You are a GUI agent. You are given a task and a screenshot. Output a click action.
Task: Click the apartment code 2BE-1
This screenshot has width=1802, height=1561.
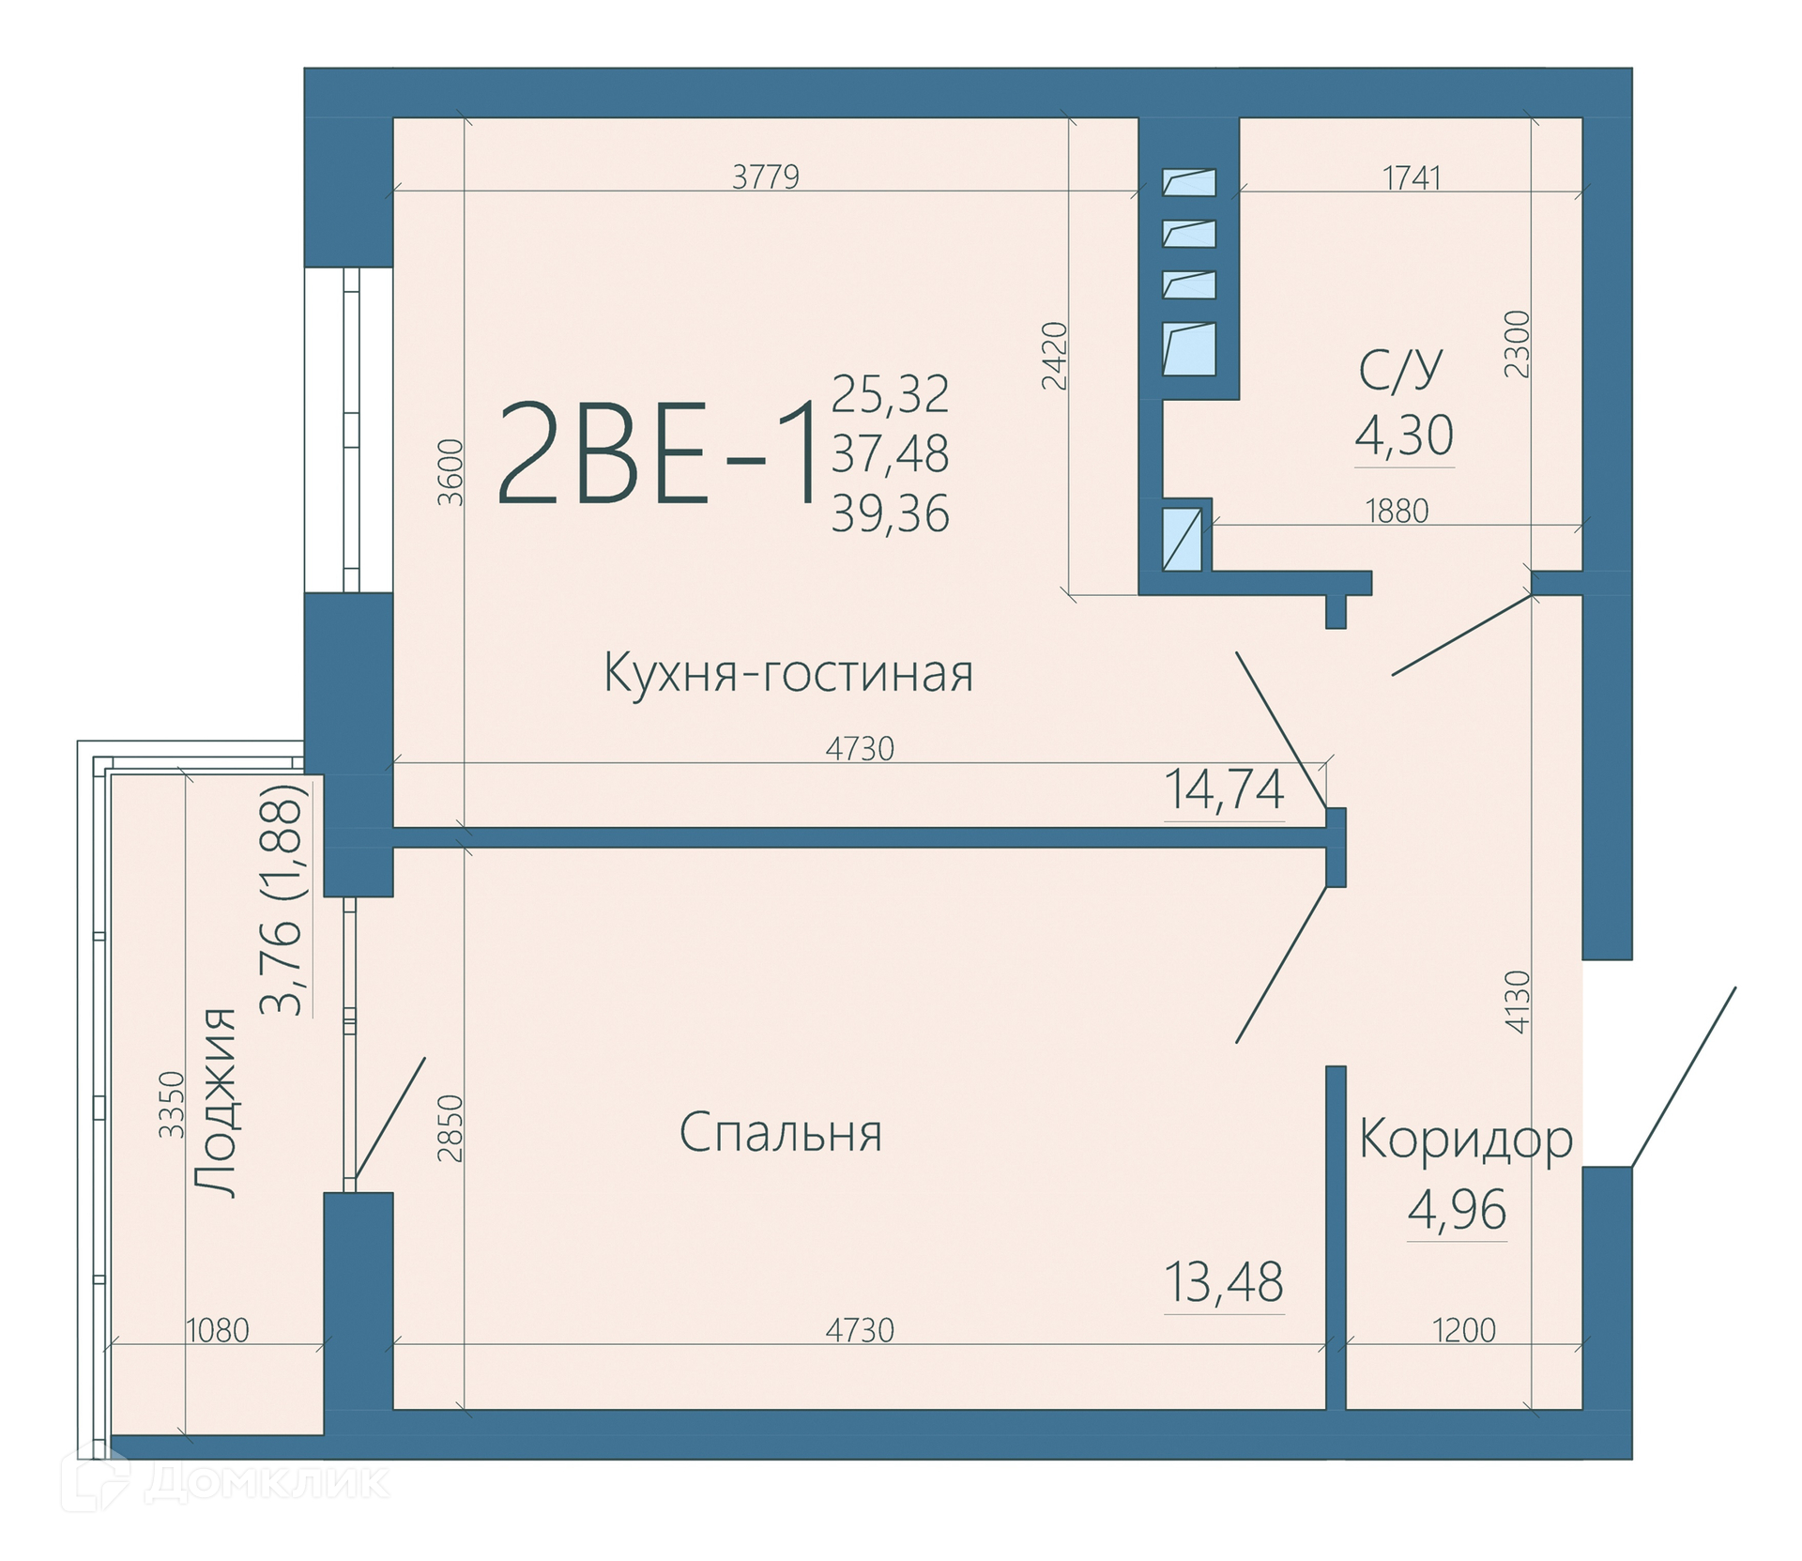point(656,453)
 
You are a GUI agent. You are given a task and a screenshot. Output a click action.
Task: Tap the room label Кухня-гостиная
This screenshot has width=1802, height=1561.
point(788,673)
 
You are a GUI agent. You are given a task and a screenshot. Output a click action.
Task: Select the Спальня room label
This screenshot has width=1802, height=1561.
point(781,1133)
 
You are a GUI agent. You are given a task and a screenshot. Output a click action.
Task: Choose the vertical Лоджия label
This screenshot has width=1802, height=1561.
point(215,1102)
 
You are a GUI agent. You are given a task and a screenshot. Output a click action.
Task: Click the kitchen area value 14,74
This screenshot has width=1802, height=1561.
point(1224,789)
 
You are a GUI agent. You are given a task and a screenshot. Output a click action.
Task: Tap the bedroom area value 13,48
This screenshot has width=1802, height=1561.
point(1224,1282)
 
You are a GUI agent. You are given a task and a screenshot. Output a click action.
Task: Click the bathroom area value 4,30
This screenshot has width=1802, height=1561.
point(1404,436)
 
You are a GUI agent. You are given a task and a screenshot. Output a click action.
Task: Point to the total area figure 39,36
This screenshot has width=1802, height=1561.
point(890,514)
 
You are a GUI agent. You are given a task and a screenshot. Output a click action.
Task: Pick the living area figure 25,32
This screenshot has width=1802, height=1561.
point(890,394)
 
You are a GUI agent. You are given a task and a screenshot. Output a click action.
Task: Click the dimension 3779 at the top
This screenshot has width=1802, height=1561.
point(766,177)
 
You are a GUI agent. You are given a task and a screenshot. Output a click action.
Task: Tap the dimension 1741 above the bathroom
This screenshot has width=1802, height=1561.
point(1413,177)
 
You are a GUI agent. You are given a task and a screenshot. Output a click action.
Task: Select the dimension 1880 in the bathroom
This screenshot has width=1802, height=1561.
point(1397,512)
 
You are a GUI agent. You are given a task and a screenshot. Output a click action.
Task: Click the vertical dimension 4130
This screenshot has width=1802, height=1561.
point(1518,1002)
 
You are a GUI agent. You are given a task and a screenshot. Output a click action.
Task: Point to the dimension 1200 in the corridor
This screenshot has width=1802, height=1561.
point(1465,1330)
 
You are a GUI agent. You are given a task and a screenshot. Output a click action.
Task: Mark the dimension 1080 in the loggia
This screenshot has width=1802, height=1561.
point(218,1330)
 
